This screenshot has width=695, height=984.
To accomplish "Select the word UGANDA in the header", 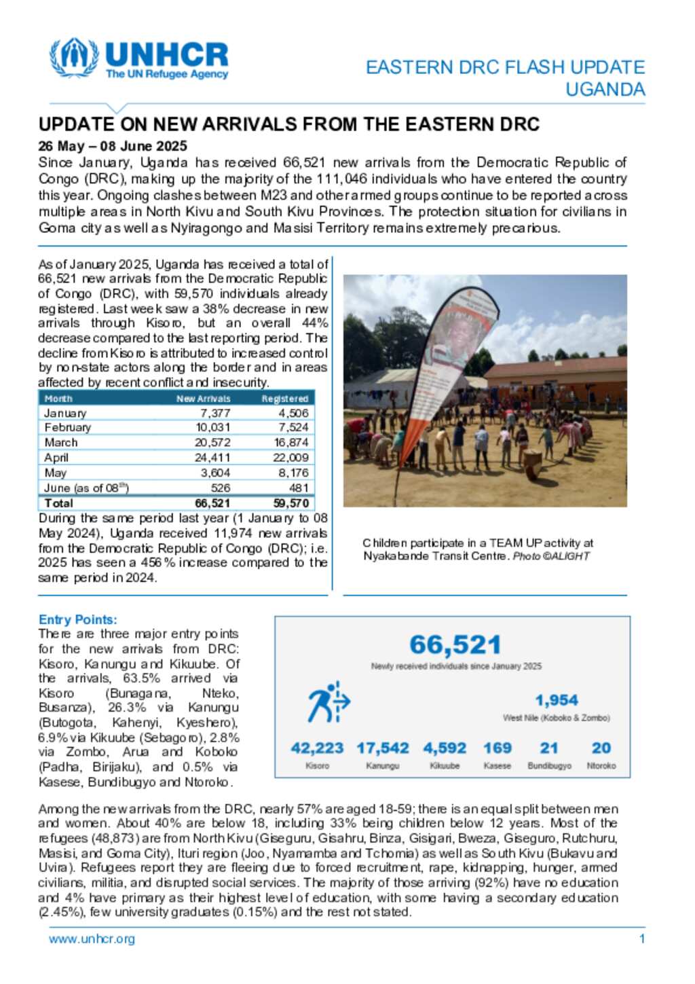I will (605, 90).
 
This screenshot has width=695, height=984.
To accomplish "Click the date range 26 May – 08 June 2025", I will (113, 146).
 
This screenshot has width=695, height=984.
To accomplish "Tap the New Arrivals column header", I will (203, 399).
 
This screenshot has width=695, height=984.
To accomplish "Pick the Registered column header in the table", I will (285, 399).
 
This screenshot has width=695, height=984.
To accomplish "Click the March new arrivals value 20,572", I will (212, 443).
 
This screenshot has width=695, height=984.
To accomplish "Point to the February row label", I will (67, 428).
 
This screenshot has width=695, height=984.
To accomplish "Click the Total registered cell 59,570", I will (291, 503).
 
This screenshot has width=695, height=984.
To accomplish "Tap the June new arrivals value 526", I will (221, 488).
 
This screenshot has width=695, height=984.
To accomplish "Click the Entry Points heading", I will (78, 619).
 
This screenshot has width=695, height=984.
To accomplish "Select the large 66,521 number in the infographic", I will (455, 644).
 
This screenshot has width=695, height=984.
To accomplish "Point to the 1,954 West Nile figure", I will (557, 700).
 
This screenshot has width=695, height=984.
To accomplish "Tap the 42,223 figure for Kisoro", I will (317, 748).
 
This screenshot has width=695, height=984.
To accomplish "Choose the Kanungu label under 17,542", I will (383, 766).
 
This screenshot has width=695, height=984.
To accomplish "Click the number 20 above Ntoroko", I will (601, 748).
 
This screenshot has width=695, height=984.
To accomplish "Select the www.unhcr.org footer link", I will (92, 939).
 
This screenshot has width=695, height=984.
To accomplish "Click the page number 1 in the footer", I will (642, 939).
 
